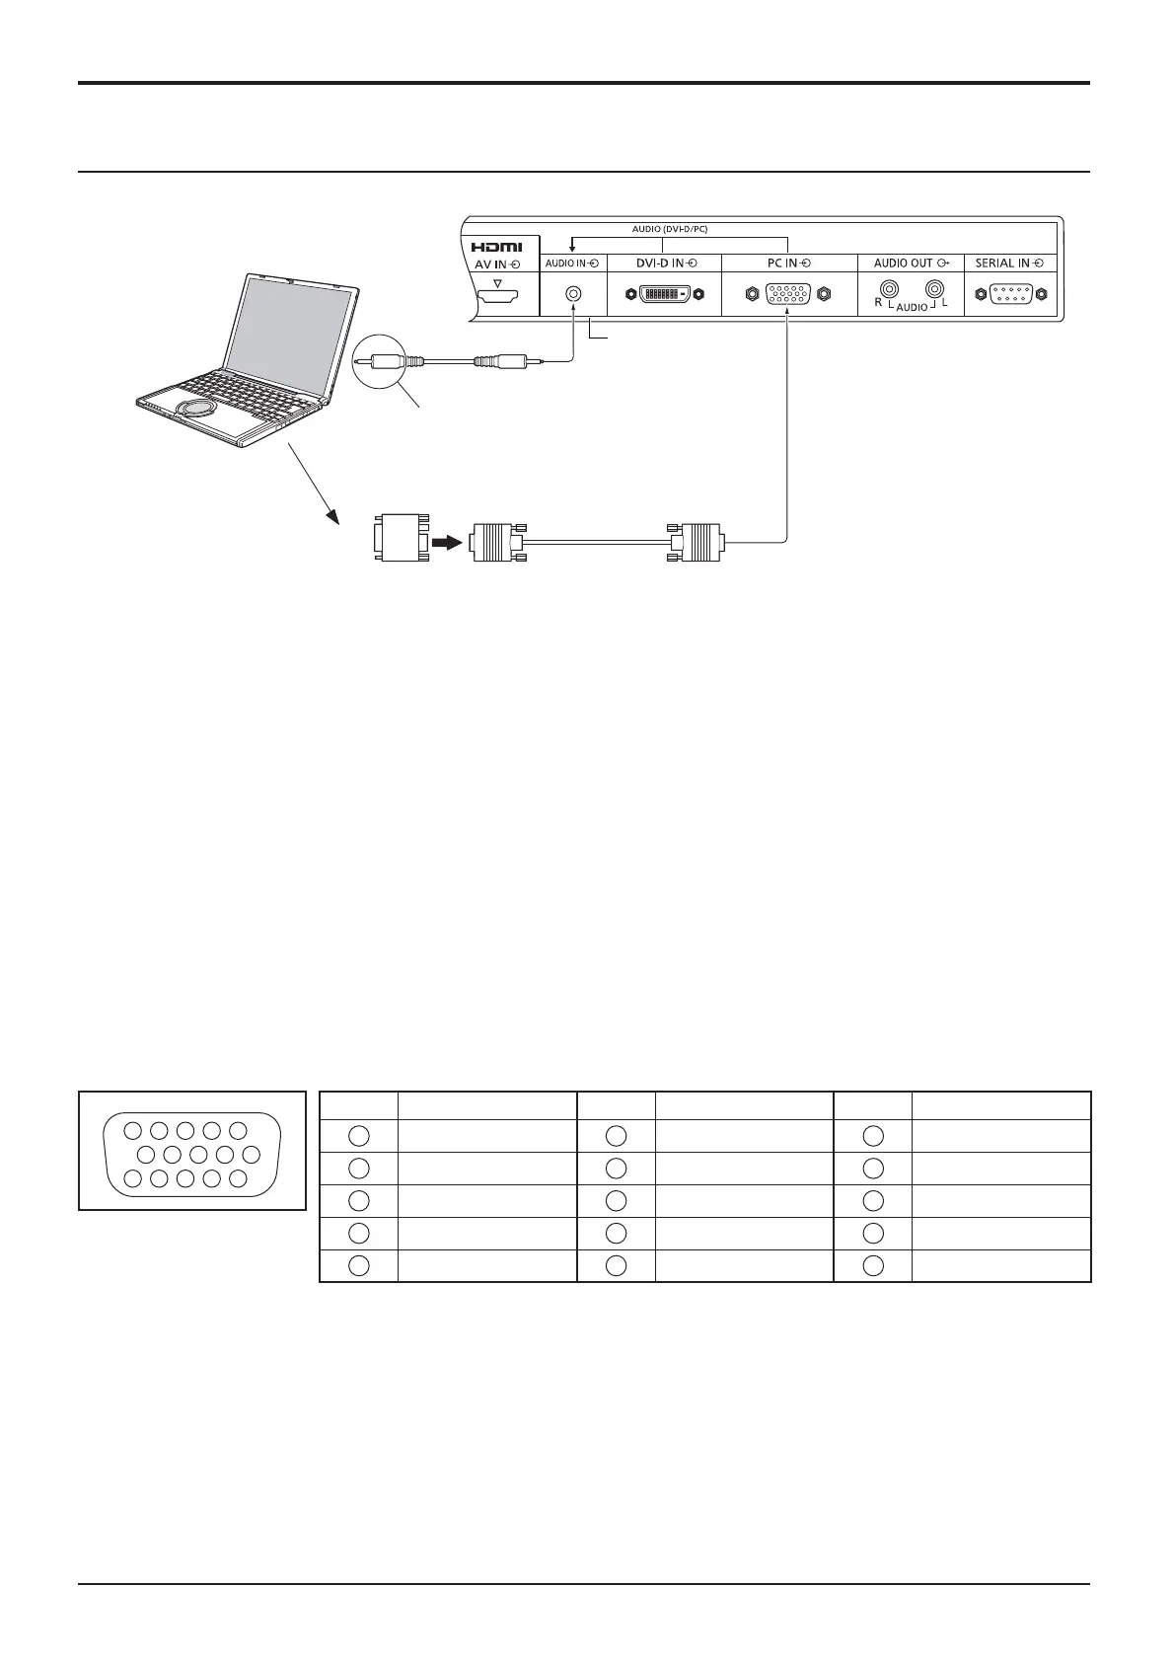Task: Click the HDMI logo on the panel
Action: [497, 247]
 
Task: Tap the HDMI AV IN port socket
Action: [497, 294]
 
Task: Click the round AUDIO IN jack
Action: [572, 294]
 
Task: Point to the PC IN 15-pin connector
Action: [787, 294]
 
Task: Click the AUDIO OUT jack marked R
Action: [889, 290]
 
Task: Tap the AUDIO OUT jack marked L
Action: [932, 290]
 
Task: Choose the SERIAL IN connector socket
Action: [1010, 294]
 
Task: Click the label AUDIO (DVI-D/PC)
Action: [670, 229]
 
